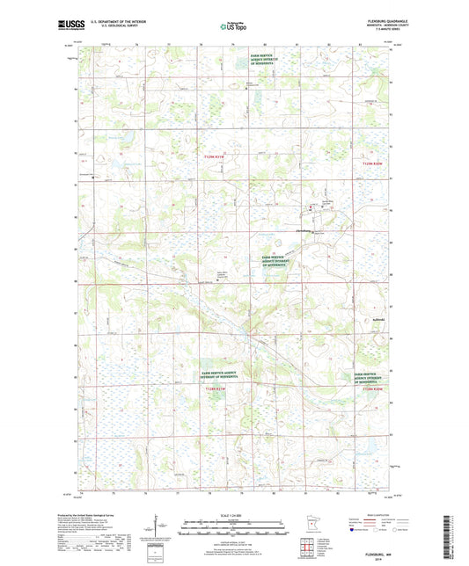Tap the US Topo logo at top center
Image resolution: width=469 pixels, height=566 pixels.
point(234,26)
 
